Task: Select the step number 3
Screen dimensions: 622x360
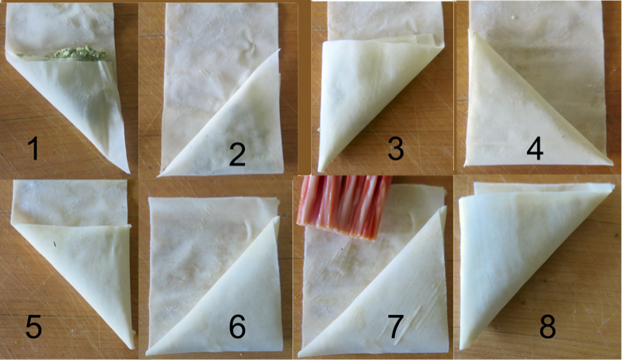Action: coord(396,148)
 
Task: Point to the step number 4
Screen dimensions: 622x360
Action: coord(535,149)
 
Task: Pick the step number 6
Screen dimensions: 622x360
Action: coord(237,327)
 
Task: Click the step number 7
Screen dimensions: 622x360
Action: coord(395,327)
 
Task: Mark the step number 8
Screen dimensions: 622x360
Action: coord(547,327)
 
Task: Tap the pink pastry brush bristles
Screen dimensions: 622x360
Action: coord(344,207)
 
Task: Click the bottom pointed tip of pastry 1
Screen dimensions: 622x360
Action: coord(128,173)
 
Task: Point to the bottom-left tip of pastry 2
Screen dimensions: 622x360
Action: coord(159,175)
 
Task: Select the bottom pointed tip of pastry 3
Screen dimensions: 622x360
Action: coord(320,171)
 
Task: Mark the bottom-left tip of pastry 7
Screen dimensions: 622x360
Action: coord(300,355)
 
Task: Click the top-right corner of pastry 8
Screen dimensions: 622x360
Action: coord(613,184)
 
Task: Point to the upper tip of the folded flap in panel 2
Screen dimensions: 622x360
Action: coord(279,50)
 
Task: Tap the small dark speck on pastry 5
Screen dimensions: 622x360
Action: coord(54,243)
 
